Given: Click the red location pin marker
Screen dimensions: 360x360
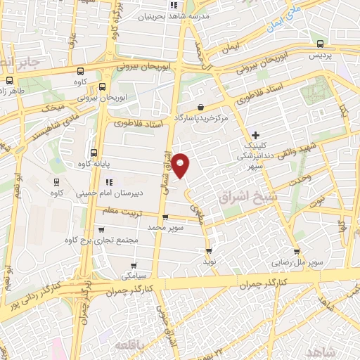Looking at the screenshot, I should point(181,165).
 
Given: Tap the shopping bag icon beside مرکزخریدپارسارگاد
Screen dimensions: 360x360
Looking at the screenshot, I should point(201,108).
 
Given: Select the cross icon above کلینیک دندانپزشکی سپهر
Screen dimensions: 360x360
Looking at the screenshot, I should point(255,134).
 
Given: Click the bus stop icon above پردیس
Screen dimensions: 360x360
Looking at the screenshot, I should point(321,44).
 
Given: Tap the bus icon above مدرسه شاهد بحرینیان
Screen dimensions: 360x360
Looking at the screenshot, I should point(187,5).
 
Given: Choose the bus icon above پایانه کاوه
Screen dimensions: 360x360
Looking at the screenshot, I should point(94,153).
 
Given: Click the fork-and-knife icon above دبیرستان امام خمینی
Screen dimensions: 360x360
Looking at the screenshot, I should point(108,183).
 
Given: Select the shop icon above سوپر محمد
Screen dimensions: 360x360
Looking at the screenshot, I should point(165,217).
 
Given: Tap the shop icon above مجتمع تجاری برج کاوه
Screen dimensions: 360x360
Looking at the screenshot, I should point(101,229).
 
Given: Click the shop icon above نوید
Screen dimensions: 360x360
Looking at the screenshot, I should point(209,250).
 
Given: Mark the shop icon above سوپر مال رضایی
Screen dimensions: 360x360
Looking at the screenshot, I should point(297,251).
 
